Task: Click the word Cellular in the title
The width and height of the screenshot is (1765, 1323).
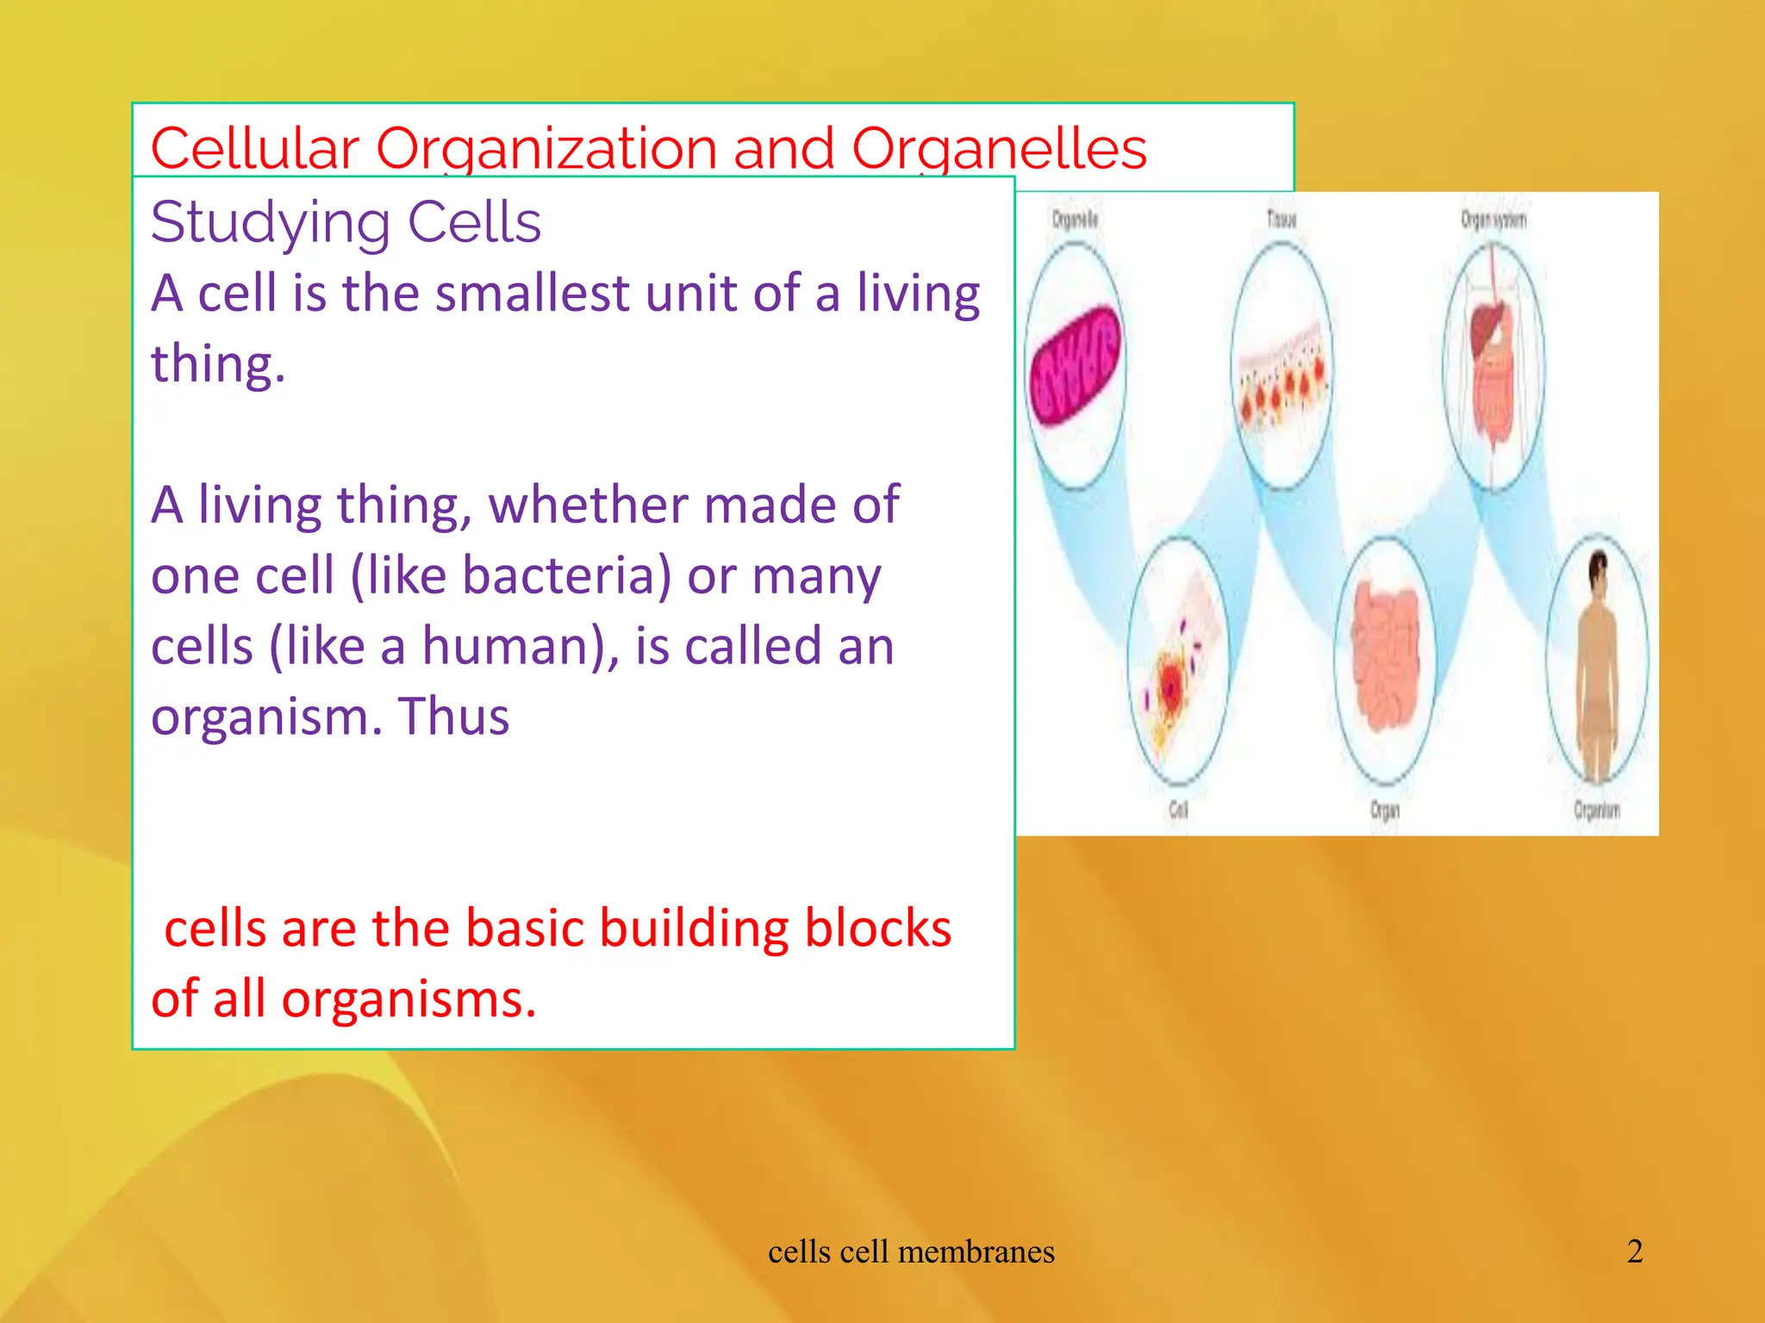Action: pos(254,148)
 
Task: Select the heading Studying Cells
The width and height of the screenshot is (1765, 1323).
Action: pos(346,222)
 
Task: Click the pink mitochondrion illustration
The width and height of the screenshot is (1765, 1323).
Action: pos(1076,366)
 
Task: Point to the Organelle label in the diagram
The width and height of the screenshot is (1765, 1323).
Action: pos(1075,220)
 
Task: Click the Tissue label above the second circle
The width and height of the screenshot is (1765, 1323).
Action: pos(1282,219)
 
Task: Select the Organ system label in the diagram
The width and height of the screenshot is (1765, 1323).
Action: pos(1493,220)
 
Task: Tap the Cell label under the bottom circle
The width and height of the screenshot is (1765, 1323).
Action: pos(1177,810)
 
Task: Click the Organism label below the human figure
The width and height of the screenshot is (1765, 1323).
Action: pos(1596,811)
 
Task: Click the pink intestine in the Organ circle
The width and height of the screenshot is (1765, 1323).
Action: pos(1385,655)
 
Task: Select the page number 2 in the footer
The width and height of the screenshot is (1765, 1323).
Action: pos(1634,1252)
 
